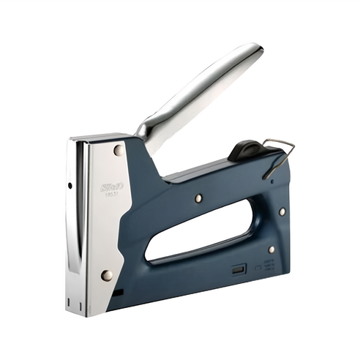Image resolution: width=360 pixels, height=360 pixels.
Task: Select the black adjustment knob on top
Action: (x=245, y=150)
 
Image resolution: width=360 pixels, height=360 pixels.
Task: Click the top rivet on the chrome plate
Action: (x=118, y=150)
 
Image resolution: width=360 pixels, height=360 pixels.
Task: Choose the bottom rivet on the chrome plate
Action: (x=107, y=275)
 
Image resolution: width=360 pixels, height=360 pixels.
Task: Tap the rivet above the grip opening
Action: (x=198, y=198)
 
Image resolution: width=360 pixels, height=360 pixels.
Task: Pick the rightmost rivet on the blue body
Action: (x=282, y=211)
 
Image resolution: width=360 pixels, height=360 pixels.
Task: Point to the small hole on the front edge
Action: (x=70, y=185)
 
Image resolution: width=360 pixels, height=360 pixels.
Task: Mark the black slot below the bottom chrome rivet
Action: (x=118, y=292)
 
